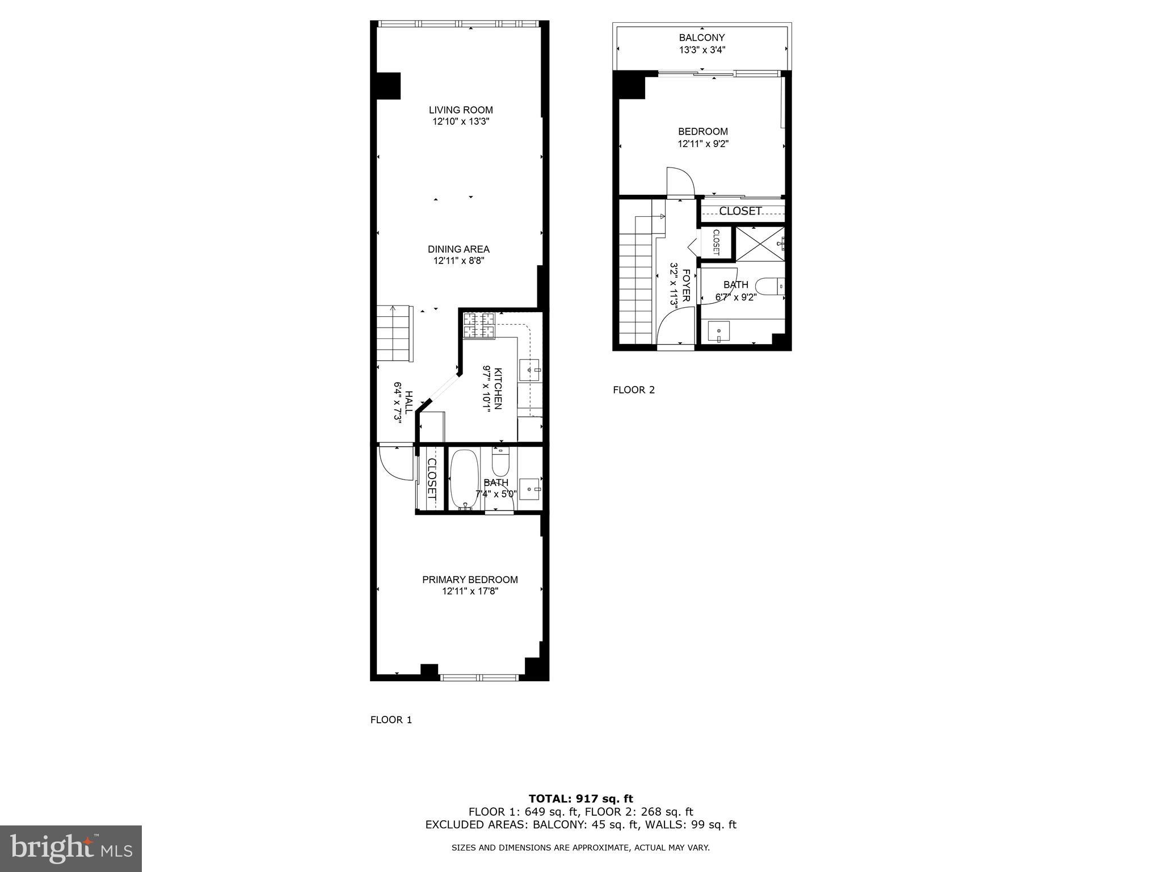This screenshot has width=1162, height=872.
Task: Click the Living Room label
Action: click(460, 110)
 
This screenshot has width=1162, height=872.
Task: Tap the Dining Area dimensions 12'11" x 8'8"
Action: click(458, 261)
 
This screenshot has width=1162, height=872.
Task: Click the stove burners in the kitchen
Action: click(479, 326)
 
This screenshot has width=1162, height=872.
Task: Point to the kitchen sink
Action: click(531, 371)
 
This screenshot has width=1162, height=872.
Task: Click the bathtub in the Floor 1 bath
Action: click(465, 480)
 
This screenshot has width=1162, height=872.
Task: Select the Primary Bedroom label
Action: click(470, 580)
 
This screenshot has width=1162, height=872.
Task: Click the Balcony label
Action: click(702, 37)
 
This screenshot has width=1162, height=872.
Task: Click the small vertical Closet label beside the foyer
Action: click(715, 242)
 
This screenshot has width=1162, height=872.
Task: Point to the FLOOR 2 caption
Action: click(634, 390)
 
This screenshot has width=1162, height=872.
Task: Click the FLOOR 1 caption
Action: click(391, 720)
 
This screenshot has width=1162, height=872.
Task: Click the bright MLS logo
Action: click(71, 848)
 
